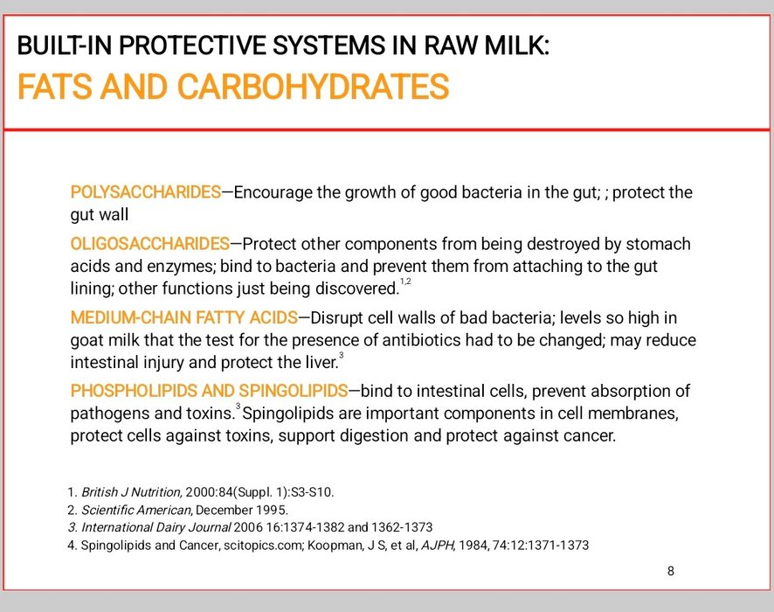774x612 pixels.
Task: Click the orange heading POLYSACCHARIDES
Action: (x=146, y=191)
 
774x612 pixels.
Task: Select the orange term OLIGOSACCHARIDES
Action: (x=150, y=244)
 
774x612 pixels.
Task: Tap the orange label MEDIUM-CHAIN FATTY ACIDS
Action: (x=184, y=317)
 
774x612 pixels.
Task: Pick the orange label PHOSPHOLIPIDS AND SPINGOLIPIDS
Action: (x=210, y=391)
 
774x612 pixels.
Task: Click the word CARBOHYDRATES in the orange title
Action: (x=313, y=87)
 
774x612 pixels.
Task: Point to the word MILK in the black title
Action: (x=516, y=45)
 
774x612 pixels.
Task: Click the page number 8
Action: (x=671, y=571)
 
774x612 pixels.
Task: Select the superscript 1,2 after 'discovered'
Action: (x=405, y=281)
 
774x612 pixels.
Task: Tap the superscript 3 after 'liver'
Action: (x=341, y=355)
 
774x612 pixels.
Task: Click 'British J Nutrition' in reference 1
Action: (x=132, y=492)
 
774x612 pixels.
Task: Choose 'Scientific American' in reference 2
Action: (x=135, y=510)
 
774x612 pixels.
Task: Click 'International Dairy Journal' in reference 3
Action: (x=156, y=527)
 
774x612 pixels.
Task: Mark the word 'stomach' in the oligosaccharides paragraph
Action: (x=659, y=244)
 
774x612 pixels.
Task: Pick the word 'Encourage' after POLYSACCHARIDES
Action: (x=273, y=192)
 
